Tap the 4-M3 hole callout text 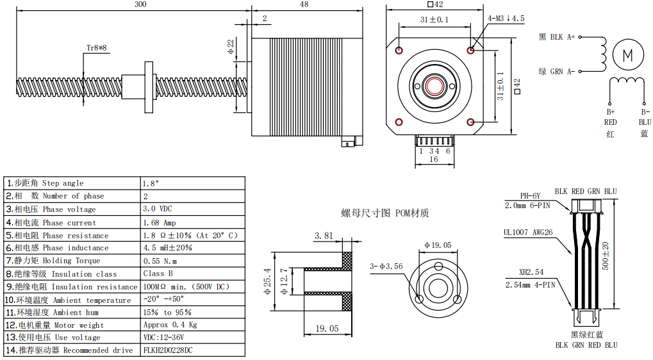[506, 19]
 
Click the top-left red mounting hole [399, 50]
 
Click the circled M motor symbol [627, 54]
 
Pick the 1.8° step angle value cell [151, 183]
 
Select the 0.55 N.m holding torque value [160, 261]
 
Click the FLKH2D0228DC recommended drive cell [168, 350]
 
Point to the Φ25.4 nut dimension [267, 281]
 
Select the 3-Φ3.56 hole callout [386, 266]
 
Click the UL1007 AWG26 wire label [528, 233]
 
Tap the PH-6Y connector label [530, 196]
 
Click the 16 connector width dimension [434, 160]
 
